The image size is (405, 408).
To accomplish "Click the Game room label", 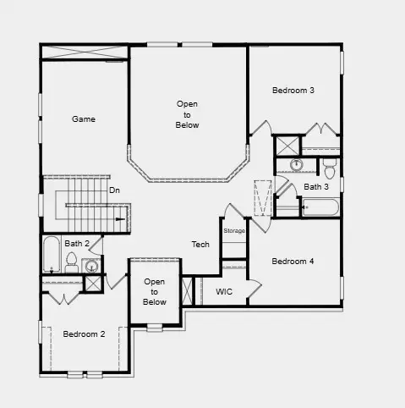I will point(83,119).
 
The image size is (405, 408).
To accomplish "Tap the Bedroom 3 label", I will point(293,91).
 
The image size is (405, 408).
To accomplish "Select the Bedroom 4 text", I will point(293,262).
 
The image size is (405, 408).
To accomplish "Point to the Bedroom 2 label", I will point(84,334).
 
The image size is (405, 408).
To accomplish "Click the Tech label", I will point(200,245).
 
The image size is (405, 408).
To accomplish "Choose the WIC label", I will point(224,291).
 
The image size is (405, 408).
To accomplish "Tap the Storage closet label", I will point(234,230).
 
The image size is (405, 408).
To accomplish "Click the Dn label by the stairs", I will point(114,190).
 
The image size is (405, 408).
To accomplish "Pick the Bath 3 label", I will point(316,187).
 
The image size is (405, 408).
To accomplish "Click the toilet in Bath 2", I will point(72,262).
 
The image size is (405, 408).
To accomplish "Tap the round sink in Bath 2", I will point(92,267).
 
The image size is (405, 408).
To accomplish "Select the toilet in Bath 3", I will point(330,163).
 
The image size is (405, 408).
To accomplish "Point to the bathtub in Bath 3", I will point(320,207).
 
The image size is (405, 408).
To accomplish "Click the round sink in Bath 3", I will point(297,164).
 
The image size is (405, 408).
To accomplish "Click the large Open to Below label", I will point(188,114).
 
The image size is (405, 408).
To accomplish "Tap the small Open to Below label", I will point(155,291).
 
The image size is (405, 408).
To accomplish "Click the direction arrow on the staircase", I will point(121,219).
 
